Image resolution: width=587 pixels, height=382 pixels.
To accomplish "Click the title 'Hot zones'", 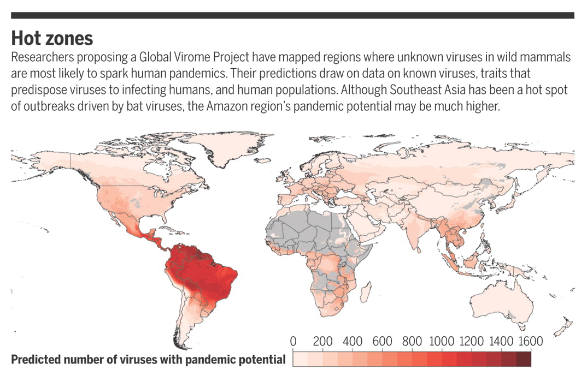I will (x=52, y=38).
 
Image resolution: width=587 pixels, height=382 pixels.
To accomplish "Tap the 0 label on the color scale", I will (x=293, y=342).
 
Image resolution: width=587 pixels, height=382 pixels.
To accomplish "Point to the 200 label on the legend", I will (x=323, y=342).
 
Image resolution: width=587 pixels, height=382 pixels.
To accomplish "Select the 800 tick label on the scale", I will (x=412, y=342).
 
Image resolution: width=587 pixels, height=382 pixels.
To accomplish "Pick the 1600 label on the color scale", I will (x=530, y=342).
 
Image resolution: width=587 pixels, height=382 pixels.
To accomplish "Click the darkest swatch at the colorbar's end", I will (x=523, y=359).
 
